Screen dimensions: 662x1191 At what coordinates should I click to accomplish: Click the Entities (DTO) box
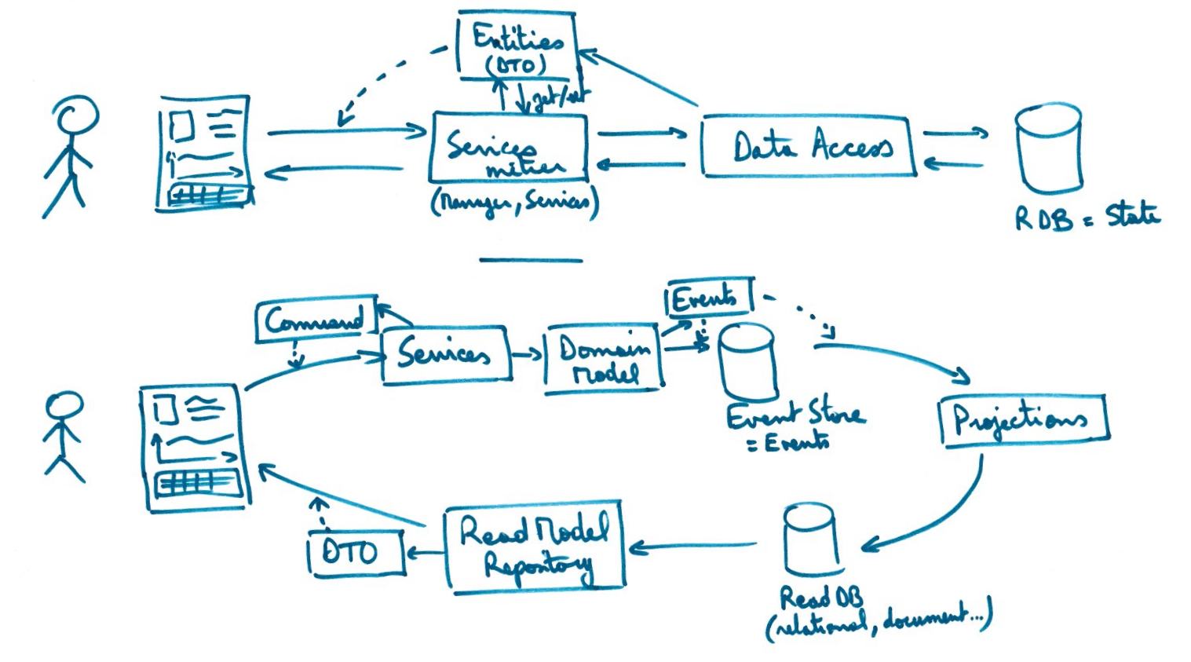[517, 47]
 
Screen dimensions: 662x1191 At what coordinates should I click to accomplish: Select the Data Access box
[809, 147]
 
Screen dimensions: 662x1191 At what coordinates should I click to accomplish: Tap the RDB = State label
[1087, 216]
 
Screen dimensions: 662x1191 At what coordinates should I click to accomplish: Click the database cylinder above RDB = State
[1048, 149]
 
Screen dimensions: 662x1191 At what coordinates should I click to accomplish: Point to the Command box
[316, 320]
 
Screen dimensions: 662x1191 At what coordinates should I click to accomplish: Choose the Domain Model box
[603, 359]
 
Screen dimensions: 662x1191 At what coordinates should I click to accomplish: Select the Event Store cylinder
[747, 363]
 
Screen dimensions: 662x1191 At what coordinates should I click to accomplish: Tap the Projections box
[1022, 420]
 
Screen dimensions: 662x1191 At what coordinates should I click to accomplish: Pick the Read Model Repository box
[535, 546]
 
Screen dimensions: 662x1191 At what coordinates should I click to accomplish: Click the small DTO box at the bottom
[355, 553]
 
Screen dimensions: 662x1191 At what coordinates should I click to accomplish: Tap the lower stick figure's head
[64, 405]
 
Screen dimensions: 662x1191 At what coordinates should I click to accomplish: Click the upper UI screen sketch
[204, 153]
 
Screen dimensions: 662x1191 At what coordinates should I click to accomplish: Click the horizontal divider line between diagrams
[531, 260]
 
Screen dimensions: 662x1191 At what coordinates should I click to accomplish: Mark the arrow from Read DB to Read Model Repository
[695, 546]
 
